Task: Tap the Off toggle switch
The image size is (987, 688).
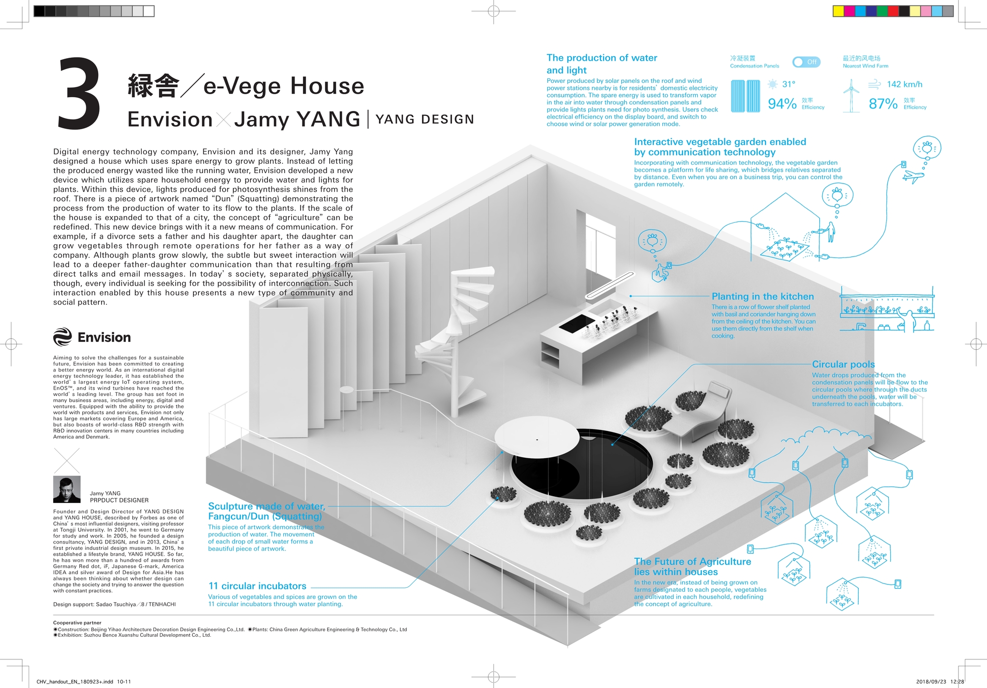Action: click(x=806, y=62)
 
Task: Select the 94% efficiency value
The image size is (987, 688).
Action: click(x=782, y=104)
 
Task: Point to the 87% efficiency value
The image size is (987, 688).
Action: click(x=883, y=104)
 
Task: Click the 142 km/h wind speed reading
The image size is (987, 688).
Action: click(x=905, y=84)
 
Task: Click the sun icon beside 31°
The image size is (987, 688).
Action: click(x=772, y=84)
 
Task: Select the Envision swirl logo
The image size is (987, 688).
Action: click(x=63, y=337)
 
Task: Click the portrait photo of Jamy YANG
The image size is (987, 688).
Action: click(x=67, y=489)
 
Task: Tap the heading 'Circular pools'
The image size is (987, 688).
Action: click(x=843, y=364)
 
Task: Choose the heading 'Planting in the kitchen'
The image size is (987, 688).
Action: click(x=762, y=296)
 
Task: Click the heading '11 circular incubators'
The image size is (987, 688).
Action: click(x=258, y=586)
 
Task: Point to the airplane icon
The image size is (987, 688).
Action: click(x=913, y=176)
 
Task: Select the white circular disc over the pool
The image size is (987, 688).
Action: click(x=537, y=437)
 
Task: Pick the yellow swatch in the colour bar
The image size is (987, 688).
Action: click(x=838, y=11)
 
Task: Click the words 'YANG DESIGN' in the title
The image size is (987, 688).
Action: click(x=425, y=119)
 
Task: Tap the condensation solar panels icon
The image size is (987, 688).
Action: click(x=745, y=96)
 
